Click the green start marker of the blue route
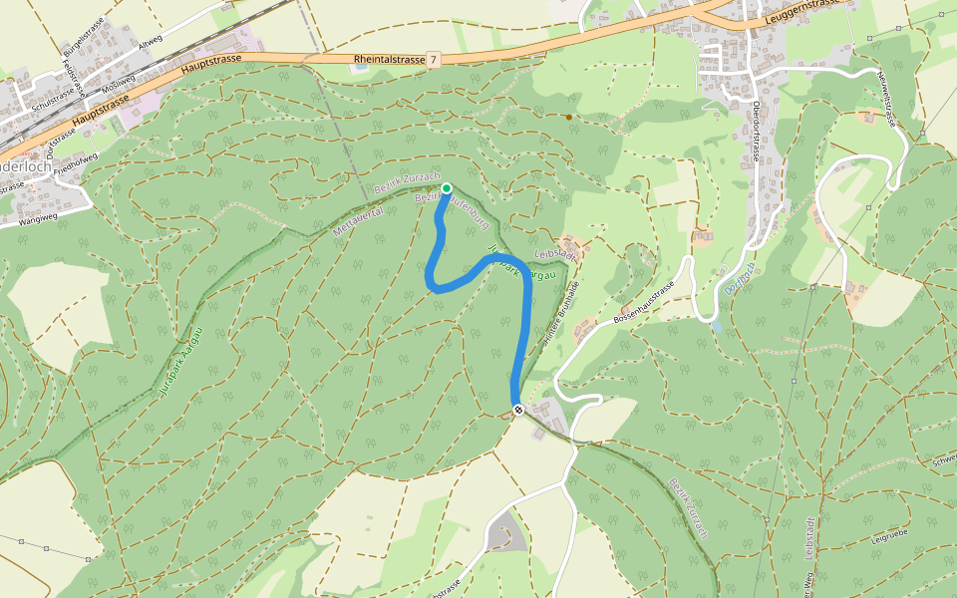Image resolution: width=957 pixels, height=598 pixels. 447,188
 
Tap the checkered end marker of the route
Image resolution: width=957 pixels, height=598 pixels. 518,410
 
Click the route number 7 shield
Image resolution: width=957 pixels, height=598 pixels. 433,60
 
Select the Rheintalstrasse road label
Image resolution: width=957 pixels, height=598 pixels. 389,60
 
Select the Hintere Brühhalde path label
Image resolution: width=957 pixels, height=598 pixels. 561,316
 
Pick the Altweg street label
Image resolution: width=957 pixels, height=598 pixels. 151,42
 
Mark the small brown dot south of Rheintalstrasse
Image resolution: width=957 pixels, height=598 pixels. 569,117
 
